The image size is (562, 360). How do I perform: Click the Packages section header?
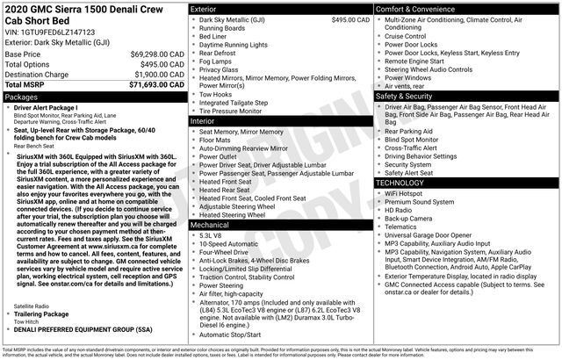point(22,97)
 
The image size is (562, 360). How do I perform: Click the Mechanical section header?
point(210,225)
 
